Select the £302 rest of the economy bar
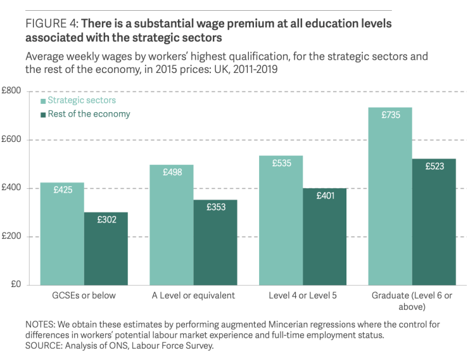[x=106, y=248]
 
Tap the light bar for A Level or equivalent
[x=172, y=224]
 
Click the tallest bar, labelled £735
[x=391, y=196]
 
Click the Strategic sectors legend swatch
[x=43, y=101]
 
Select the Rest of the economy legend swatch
[x=43, y=115]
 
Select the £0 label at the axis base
[x=16, y=285]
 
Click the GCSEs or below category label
[x=84, y=296]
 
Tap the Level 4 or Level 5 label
[x=303, y=296]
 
